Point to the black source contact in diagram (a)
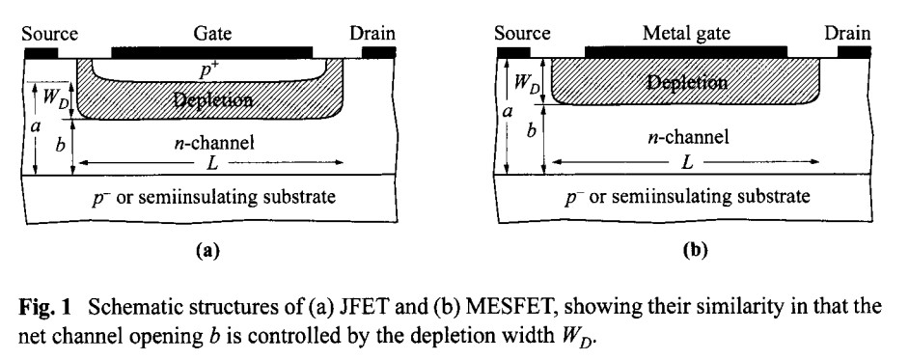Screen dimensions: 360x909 coord(41,51)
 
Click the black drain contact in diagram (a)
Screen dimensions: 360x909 coord(378,51)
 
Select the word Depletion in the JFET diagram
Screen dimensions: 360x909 coord(215,99)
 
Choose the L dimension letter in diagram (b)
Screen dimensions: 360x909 coord(686,163)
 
